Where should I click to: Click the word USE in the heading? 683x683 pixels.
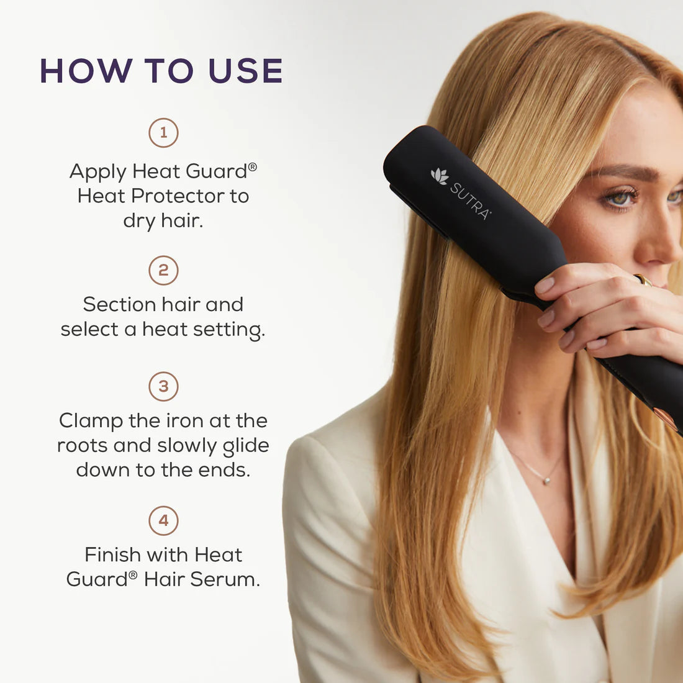pyautogui.click(x=246, y=71)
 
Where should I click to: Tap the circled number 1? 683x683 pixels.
pyautogui.click(x=163, y=133)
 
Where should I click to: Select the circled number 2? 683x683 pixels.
pyautogui.click(x=163, y=271)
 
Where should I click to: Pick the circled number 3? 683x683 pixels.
pyautogui.click(x=163, y=386)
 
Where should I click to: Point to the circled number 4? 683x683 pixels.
pyautogui.click(x=163, y=520)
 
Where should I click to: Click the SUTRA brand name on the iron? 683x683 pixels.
pyautogui.click(x=470, y=201)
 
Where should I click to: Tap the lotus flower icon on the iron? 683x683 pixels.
pyautogui.click(x=440, y=176)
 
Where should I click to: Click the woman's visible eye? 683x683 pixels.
pyautogui.click(x=620, y=198)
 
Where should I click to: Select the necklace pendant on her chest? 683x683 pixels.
pyautogui.click(x=545, y=479)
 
